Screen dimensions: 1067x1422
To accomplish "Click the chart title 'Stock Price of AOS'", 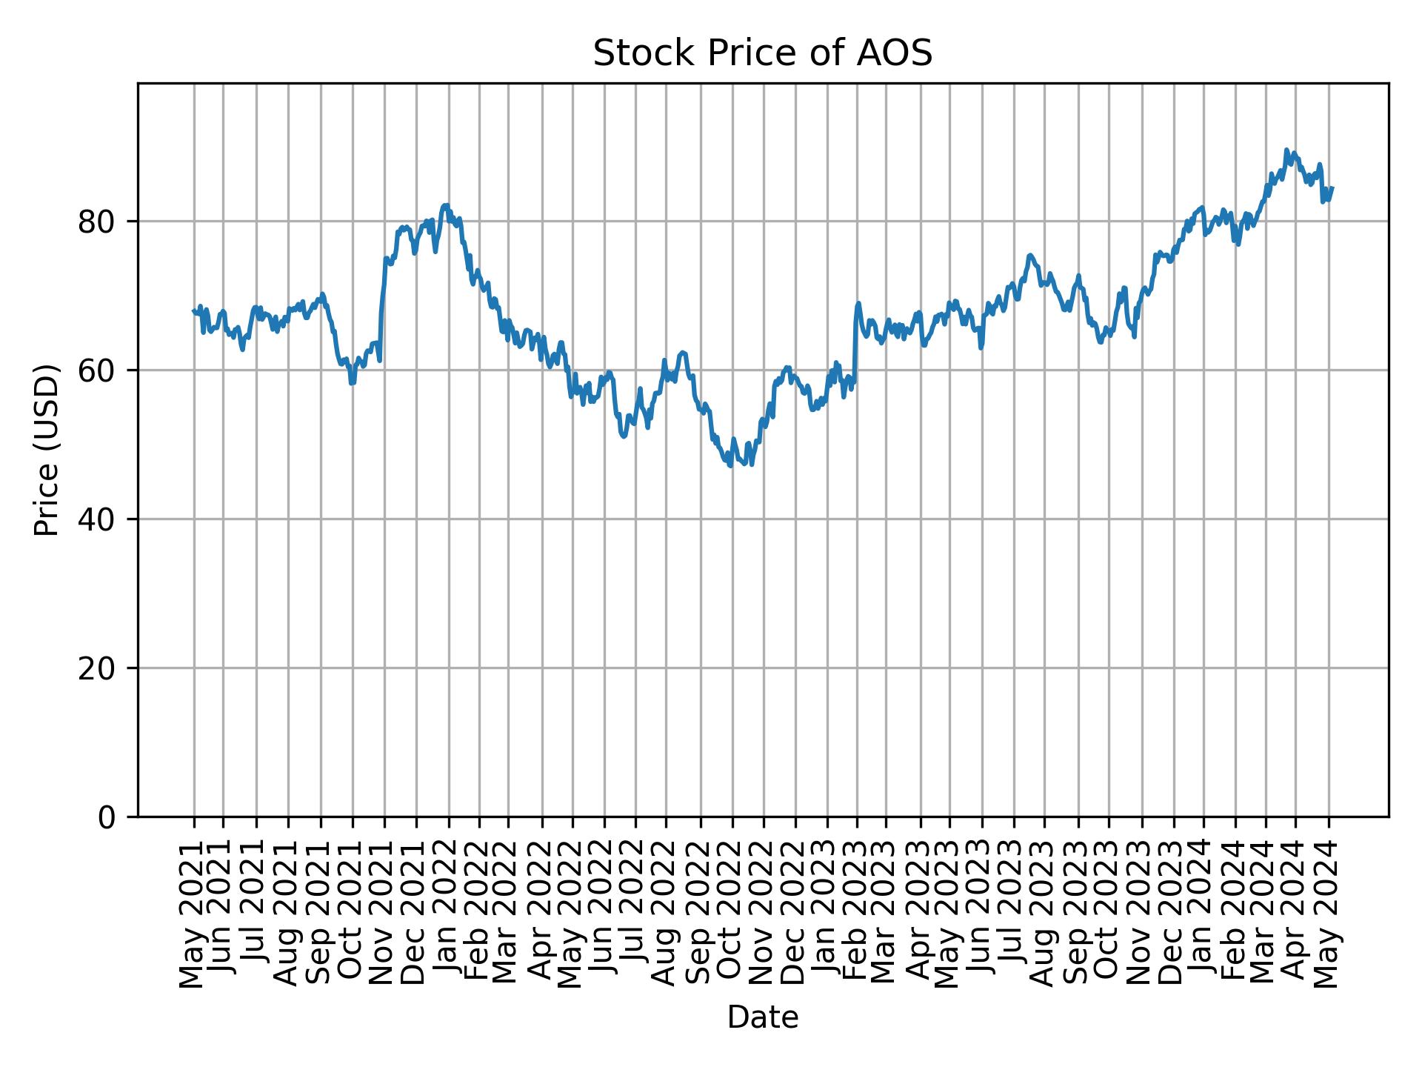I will point(762,54).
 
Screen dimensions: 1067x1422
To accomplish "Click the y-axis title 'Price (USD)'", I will point(47,450).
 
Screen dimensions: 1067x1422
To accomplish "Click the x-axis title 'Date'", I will point(762,1017).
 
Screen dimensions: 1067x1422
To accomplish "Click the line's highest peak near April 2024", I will point(1286,150).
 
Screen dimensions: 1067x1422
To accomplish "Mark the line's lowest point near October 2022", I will point(731,465).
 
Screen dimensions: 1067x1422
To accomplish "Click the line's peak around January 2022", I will point(444,205).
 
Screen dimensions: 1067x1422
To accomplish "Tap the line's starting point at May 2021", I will point(194,311).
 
